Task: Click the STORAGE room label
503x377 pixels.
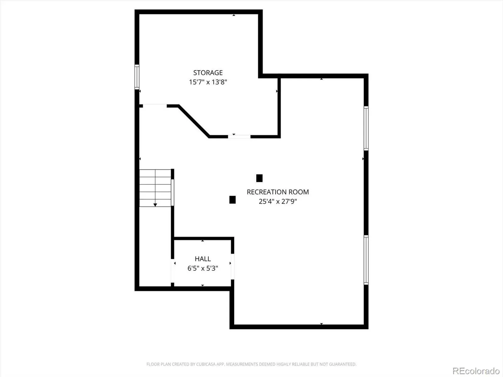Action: (208, 73)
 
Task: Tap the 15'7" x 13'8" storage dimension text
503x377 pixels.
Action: (208, 82)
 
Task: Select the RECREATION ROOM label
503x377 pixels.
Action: (278, 192)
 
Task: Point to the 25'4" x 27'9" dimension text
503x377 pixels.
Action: (278, 201)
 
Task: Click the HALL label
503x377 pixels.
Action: (203, 259)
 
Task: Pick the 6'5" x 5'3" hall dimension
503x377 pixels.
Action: (203, 268)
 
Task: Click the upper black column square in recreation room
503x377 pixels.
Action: (259, 178)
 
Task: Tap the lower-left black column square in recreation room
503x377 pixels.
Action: (232, 200)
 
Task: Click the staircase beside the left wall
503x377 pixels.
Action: (155, 188)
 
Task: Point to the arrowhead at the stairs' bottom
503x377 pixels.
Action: (155, 205)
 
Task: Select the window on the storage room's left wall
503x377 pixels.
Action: (137, 77)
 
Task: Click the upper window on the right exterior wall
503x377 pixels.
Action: (366, 128)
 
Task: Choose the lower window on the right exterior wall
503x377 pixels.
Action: (366, 260)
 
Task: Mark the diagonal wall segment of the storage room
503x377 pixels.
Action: (194, 121)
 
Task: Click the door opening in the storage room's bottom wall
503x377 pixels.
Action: (239, 137)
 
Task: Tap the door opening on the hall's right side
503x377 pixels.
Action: (232, 266)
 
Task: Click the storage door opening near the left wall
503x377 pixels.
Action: (155, 106)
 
